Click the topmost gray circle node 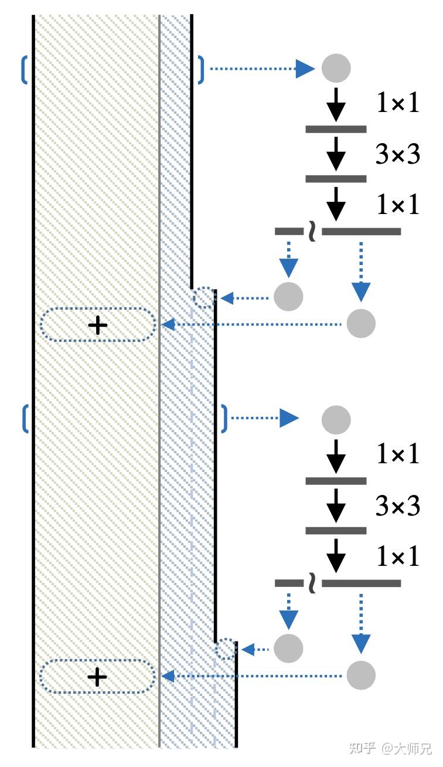pos(336,68)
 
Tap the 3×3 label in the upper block pos(397,155)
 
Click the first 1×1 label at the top pos(398,103)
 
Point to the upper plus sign pos(97,325)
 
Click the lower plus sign pos(97,677)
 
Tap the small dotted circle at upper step pos(204,298)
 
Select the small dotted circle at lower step pos(225,649)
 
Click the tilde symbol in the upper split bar pos(312,232)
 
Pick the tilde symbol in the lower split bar pos(312,584)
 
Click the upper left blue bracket pos(24,70)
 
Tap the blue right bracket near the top pos(201,70)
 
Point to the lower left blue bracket pos(25,419)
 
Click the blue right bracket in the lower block pos(224,419)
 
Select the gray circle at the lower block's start pos(336,420)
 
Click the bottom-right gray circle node pos(361,675)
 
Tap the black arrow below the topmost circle pos(336,104)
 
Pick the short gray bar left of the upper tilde pos(289,232)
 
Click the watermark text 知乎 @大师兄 pos(390,748)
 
